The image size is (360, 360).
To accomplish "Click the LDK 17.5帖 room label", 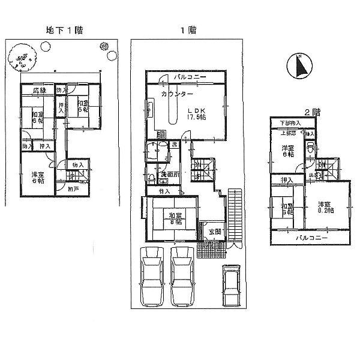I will (x=197, y=113).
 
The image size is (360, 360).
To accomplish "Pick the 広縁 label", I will (x=40, y=91).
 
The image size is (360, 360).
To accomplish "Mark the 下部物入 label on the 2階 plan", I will (x=289, y=124).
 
